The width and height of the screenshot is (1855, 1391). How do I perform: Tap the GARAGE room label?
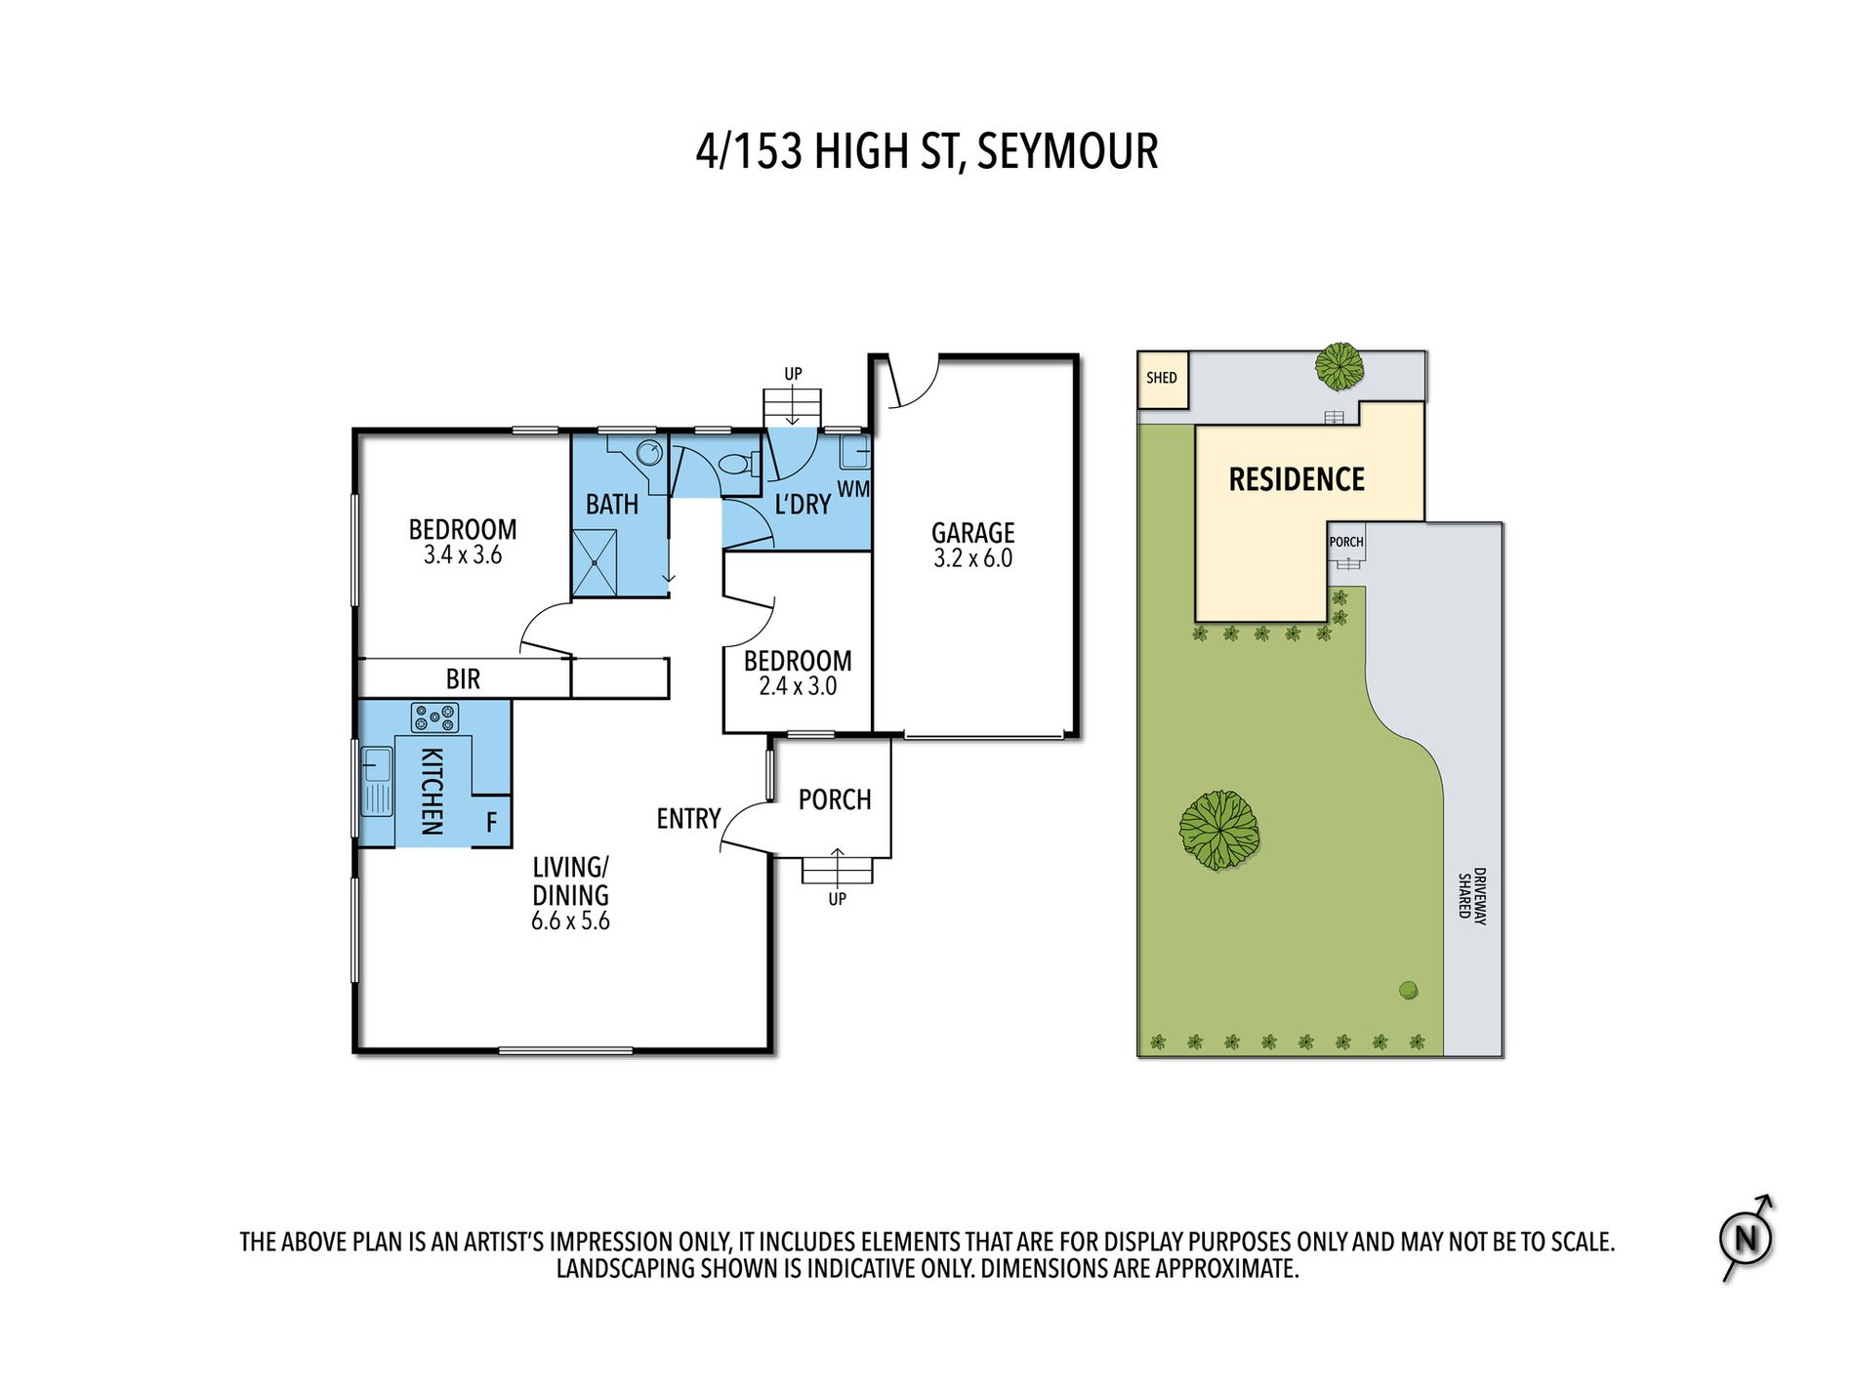[x=972, y=533]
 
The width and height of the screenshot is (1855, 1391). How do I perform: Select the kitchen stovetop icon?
[x=434, y=718]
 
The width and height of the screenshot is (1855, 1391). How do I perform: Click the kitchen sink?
[x=377, y=781]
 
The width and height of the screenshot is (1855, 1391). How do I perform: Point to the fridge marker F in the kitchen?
[x=491, y=823]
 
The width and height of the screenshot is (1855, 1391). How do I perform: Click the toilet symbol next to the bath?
[x=739, y=464]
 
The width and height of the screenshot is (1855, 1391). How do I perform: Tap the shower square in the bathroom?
[x=595, y=563]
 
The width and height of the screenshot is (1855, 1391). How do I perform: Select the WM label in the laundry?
[x=853, y=489]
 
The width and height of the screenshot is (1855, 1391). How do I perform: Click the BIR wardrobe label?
[x=463, y=679]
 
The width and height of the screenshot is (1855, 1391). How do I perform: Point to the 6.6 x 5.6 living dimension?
[x=570, y=921]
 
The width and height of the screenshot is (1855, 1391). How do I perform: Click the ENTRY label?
[x=688, y=819]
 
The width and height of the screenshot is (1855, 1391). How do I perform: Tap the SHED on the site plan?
[x=1163, y=380]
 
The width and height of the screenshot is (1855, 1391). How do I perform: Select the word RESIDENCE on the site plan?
[x=1297, y=479]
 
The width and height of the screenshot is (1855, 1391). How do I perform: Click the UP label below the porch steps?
[x=837, y=900]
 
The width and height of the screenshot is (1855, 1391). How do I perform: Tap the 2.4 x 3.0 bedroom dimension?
[x=798, y=687]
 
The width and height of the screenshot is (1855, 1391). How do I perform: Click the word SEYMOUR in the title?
[x=1067, y=152]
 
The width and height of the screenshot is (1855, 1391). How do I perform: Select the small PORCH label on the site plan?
[x=1346, y=543]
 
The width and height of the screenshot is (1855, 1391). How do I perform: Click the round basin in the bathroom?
[x=649, y=453]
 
